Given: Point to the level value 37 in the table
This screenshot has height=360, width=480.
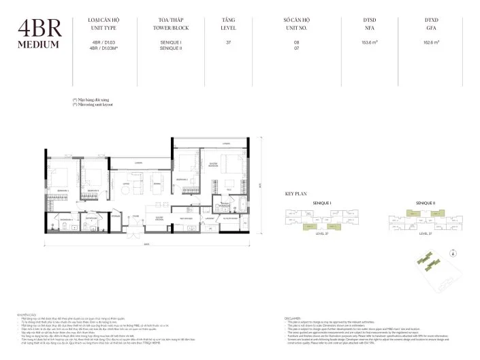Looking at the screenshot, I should coord(228,42).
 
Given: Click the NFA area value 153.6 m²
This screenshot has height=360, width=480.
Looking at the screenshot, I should coord(370,42).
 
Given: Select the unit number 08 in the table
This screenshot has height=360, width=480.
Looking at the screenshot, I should coord(296,42).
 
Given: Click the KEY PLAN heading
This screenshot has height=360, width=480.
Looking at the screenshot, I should coord(297,194).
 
